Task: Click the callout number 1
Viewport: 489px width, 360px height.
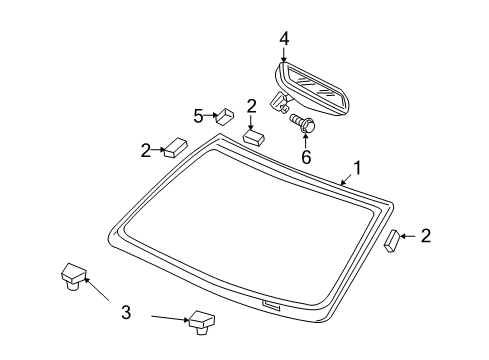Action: (x=356, y=169)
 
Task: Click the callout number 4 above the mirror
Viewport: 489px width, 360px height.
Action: (x=284, y=38)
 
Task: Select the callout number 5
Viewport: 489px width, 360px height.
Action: (x=198, y=116)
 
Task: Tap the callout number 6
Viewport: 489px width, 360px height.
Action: (x=306, y=157)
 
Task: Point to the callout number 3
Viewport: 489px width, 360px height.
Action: (x=126, y=313)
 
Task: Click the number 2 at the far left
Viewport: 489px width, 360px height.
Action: (x=146, y=150)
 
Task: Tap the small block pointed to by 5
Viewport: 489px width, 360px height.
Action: (x=225, y=116)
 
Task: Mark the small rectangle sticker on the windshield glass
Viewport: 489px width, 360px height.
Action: (x=270, y=303)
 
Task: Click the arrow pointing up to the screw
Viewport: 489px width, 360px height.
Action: (x=305, y=140)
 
